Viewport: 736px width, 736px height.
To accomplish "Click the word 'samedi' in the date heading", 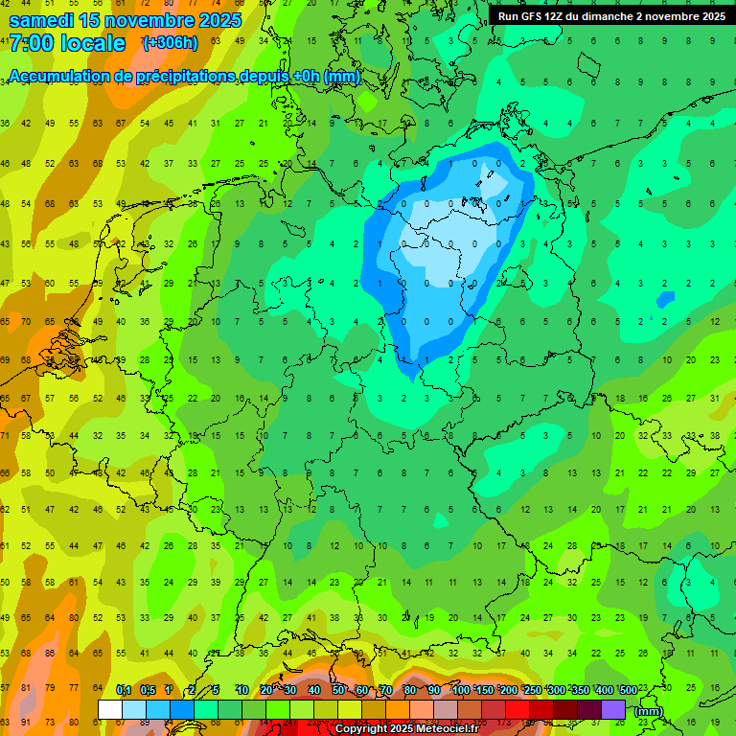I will point(41,20).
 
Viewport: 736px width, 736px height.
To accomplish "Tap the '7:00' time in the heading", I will point(30,44).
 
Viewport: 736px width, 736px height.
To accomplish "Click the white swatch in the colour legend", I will point(110,710).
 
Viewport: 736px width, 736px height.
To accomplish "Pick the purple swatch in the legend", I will point(613,710).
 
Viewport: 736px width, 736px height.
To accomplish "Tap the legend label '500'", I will point(628,690).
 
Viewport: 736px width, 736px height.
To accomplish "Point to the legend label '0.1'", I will point(124,690).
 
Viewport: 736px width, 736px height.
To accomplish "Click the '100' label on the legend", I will point(460,690).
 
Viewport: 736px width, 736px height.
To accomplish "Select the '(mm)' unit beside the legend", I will point(649,711).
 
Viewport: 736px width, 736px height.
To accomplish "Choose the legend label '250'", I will point(532,690).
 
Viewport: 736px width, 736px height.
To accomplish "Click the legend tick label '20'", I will point(266,690).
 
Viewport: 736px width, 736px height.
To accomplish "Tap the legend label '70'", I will point(386,690).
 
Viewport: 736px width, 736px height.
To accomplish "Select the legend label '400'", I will point(604,690).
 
